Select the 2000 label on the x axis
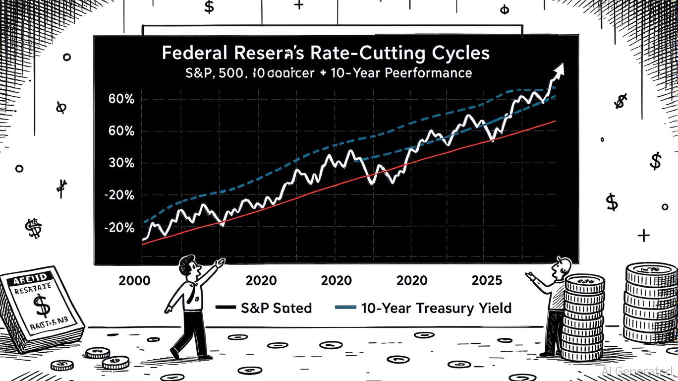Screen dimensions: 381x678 point(134,280)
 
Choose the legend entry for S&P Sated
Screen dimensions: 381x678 point(276,308)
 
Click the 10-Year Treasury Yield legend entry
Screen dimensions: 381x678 point(436,308)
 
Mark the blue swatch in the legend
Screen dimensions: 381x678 point(345,308)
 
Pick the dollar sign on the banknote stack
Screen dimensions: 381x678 point(40,306)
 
